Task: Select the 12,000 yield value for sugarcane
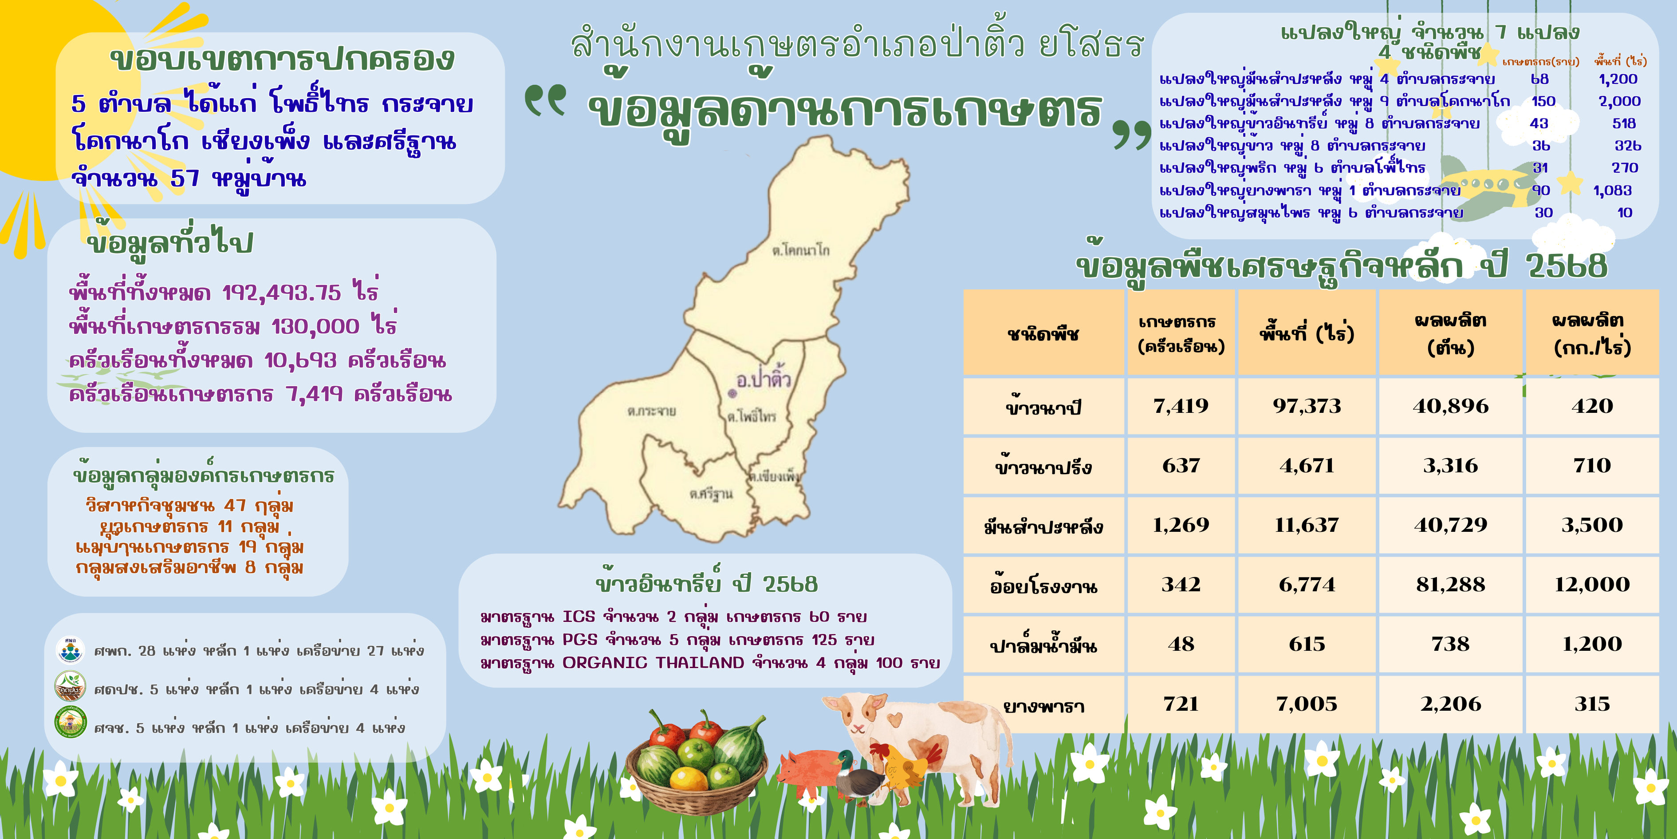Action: pyautogui.click(x=1592, y=584)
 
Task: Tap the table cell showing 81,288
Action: pyautogui.click(x=1450, y=584)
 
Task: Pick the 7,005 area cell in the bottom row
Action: pyautogui.click(x=1307, y=704)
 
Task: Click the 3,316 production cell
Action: pyautogui.click(x=1450, y=466)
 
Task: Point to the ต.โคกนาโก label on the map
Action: pyautogui.click(x=801, y=250)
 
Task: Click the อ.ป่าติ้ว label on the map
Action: pyautogui.click(x=763, y=379)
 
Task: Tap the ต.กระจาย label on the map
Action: pyautogui.click(x=652, y=411)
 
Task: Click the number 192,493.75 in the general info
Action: pyautogui.click(x=281, y=293)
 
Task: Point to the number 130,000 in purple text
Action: pyautogui.click(x=315, y=326)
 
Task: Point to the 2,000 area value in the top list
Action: pyautogui.click(x=1620, y=101)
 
